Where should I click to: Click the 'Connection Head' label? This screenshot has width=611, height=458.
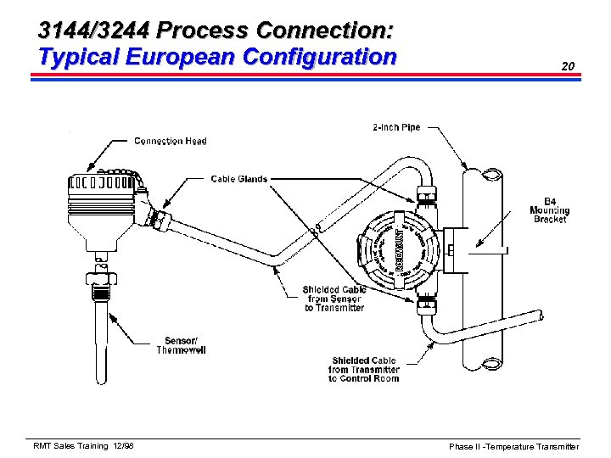(170, 141)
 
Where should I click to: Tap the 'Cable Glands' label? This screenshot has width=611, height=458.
(238, 179)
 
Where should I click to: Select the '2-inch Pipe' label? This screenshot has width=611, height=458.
(396, 128)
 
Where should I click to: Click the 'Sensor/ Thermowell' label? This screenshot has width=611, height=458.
(181, 344)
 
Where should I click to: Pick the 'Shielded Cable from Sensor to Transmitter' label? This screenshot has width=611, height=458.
(334, 299)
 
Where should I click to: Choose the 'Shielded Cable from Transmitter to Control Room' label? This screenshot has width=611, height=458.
(365, 369)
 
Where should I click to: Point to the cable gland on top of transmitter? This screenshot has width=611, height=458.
(426, 194)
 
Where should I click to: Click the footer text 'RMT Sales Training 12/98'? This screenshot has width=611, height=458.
(83, 445)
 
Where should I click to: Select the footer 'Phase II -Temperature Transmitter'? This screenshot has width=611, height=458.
(514, 446)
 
